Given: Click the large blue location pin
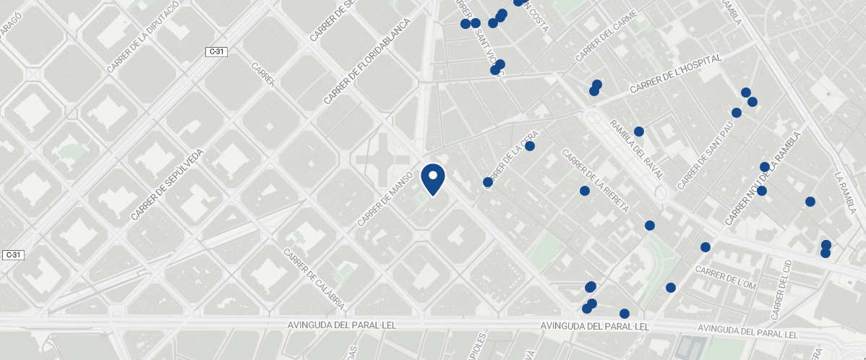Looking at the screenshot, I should tap(432, 179).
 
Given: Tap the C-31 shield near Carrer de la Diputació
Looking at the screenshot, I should tap(216, 51).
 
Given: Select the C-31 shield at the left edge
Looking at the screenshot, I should tap(12, 255).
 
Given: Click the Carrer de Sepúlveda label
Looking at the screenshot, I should tap(168, 185).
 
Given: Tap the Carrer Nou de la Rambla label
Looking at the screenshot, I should tap(763, 179).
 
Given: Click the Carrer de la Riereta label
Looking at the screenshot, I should tap(595, 181).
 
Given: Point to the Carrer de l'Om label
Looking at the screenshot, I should tap(725, 278).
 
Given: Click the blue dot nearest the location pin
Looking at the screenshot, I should tap(488, 182).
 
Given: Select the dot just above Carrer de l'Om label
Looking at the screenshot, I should tap(706, 247).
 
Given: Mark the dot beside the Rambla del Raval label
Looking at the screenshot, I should tap(639, 132).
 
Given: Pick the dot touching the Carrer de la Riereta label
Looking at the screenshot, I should tap(585, 191).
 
